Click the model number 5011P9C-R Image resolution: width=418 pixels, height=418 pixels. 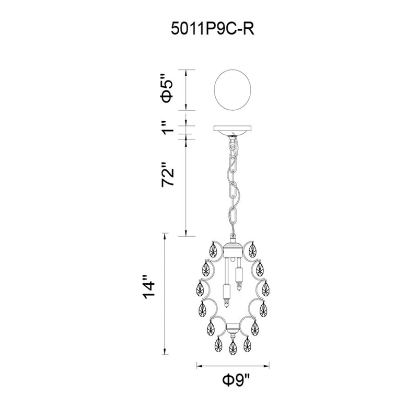(213, 29)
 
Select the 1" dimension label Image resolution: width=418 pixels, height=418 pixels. (168, 128)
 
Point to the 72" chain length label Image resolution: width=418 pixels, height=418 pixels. (168, 175)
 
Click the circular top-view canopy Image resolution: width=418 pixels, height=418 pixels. (233, 90)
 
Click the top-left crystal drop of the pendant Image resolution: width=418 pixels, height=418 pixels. (213, 250)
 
